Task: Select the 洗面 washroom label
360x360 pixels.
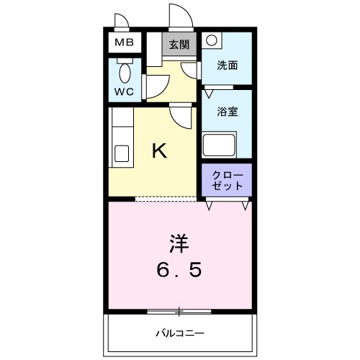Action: click(228, 66)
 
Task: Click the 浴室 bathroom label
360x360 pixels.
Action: click(228, 112)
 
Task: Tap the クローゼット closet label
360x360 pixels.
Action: click(227, 181)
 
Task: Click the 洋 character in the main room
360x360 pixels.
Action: click(180, 243)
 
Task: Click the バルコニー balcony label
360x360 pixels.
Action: click(180, 333)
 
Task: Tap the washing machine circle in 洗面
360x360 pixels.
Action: click(210, 42)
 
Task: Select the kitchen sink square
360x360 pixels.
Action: click(122, 154)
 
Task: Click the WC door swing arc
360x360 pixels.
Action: click(157, 86)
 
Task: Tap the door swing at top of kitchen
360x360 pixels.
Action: click(181, 115)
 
